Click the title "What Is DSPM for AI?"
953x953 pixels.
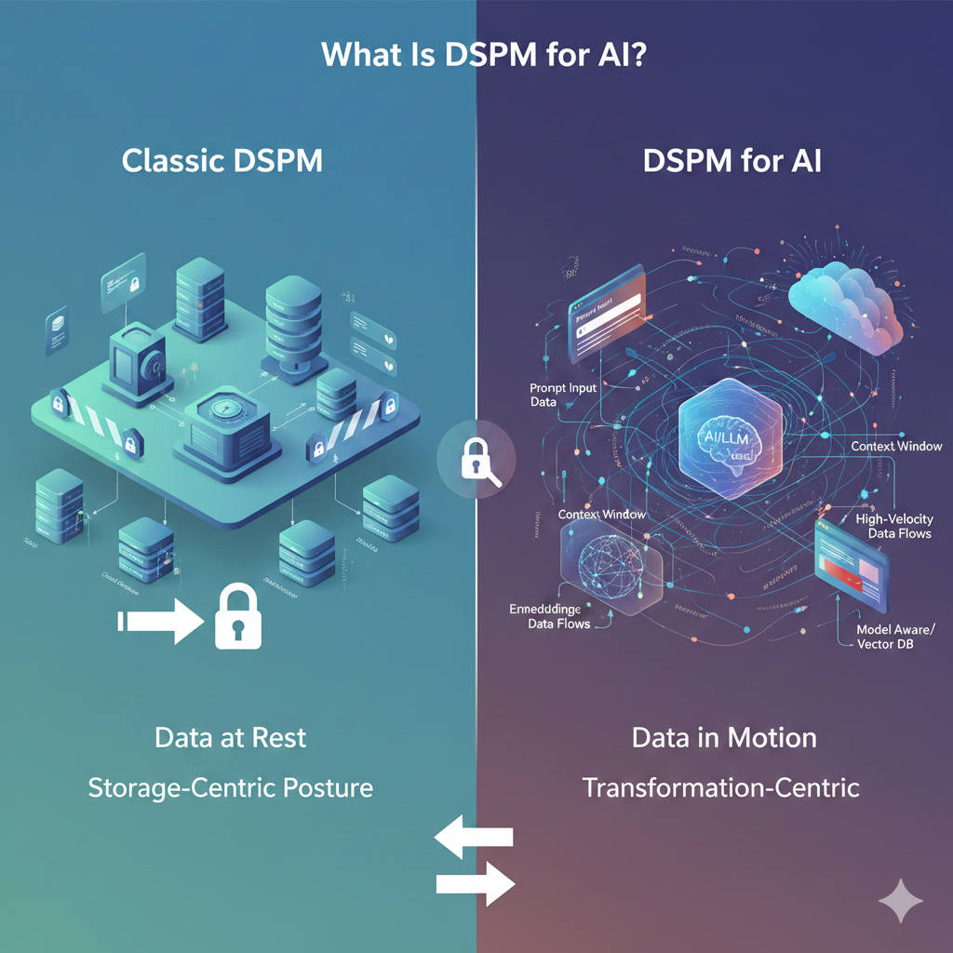point(484,55)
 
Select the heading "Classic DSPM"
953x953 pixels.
point(222,161)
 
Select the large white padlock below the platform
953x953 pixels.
point(237,615)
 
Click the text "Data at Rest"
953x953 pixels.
point(230,739)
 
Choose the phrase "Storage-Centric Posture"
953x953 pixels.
point(230,788)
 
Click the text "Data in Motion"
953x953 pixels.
point(724,739)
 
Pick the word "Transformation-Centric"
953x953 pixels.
point(721,788)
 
